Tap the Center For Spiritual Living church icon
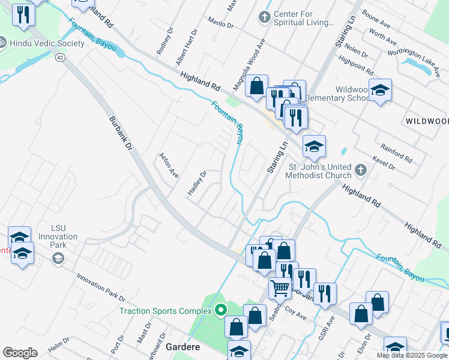click(x=264, y=16)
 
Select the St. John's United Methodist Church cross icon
click(x=360, y=170)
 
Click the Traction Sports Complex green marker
click(x=220, y=310)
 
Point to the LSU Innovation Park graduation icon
click(x=58, y=259)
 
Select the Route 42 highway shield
click(x=59, y=58)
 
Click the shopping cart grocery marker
click(x=280, y=289)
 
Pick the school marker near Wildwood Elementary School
click(x=380, y=91)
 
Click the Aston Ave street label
click(x=169, y=165)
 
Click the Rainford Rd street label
click(x=396, y=152)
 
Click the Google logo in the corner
click(x=20, y=353)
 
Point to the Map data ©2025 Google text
click(x=412, y=355)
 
